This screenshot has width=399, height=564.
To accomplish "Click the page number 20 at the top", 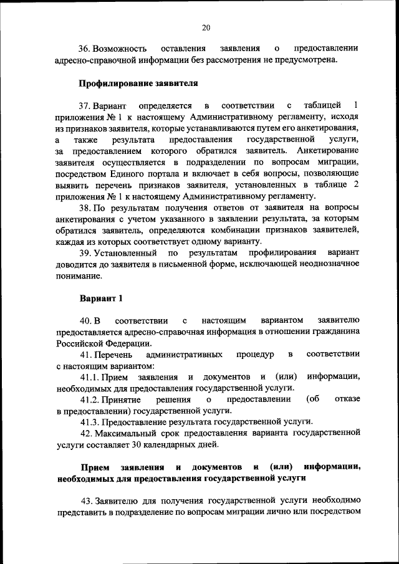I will coord(206,27).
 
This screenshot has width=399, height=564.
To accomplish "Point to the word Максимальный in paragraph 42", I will coord(126,433).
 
